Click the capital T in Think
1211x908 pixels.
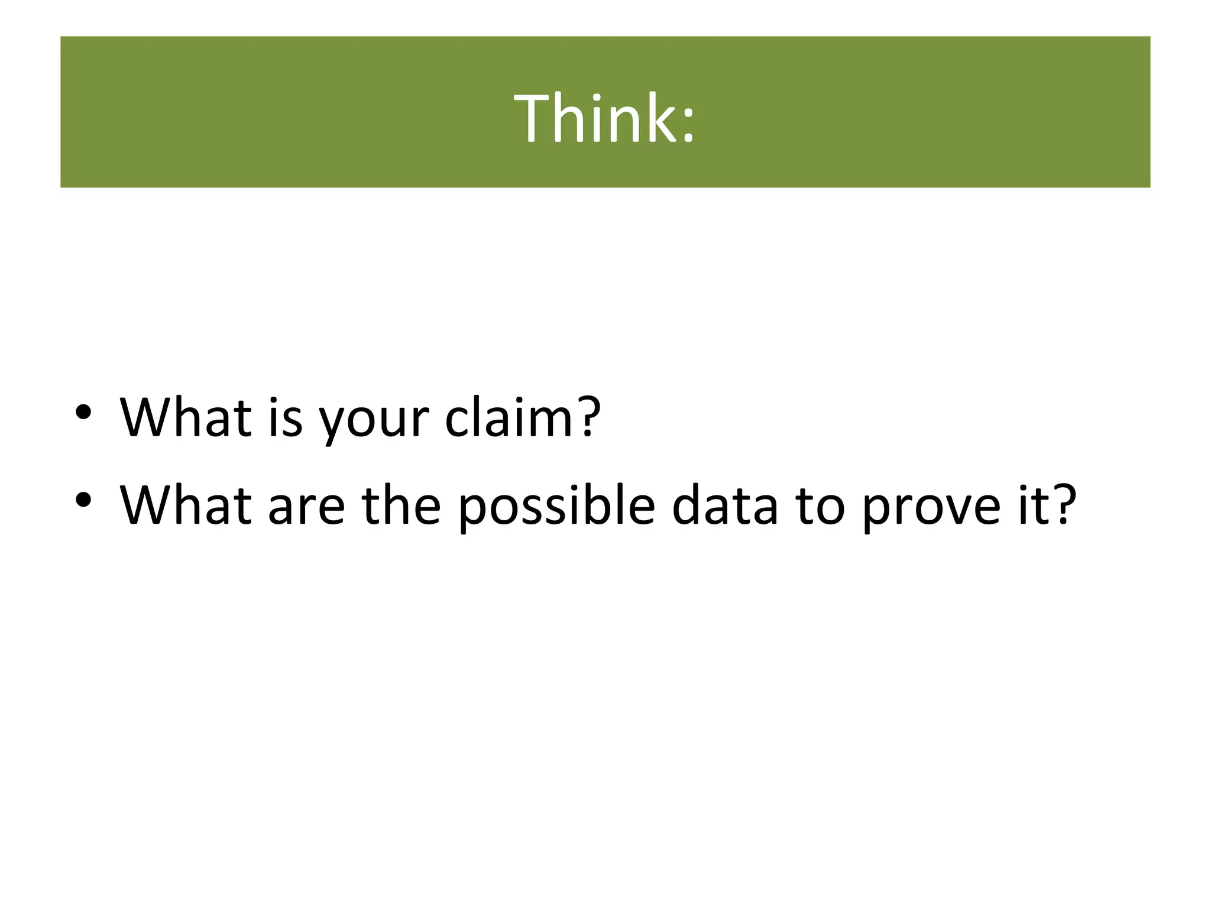coord(532,118)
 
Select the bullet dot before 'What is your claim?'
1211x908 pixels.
coord(83,411)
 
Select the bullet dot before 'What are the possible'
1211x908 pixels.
coord(83,500)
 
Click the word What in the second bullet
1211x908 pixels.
coord(186,505)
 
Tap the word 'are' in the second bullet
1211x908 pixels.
coord(306,508)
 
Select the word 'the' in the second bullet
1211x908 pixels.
coord(402,505)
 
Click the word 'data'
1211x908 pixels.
coord(725,505)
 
